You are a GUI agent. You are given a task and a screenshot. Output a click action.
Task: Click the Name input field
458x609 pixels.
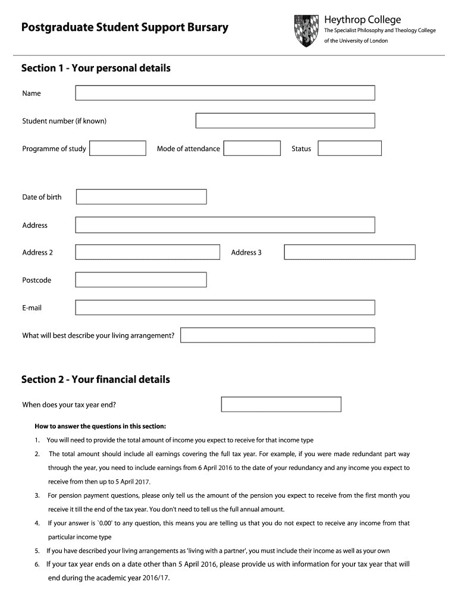point(225,93)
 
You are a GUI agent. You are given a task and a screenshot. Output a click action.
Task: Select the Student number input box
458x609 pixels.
point(285,121)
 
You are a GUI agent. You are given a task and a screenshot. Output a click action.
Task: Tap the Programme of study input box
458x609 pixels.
point(117,148)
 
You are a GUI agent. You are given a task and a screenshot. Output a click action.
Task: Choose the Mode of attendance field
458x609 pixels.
point(252,148)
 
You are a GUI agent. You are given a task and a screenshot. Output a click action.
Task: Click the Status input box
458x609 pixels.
point(349,148)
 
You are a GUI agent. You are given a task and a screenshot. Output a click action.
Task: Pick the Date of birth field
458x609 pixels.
point(141,197)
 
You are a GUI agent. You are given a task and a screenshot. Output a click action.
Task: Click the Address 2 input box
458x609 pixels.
point(147,252)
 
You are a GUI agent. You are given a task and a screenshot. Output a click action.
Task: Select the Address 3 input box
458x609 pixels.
point(349,252)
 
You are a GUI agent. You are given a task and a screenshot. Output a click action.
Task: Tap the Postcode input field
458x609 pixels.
point(141,280)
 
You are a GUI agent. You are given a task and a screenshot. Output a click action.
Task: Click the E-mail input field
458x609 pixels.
point(225,307)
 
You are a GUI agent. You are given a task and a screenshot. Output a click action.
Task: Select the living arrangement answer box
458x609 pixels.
point(277,335)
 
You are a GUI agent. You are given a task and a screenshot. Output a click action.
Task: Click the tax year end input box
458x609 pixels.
point(281,404)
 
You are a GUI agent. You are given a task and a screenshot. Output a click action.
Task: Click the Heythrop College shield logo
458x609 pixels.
point(306,31)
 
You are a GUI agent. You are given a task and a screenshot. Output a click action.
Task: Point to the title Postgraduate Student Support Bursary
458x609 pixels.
point(125,28)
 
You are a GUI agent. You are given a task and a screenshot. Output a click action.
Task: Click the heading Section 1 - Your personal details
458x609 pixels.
point(96,68)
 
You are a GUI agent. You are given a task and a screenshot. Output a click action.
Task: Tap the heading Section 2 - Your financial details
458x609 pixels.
point(95,379)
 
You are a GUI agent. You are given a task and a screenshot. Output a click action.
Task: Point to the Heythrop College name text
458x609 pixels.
point(362,20)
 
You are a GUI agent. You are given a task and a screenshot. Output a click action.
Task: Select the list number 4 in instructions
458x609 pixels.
point(37,523)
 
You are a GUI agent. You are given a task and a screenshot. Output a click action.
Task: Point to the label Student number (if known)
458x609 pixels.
point(64,121)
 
